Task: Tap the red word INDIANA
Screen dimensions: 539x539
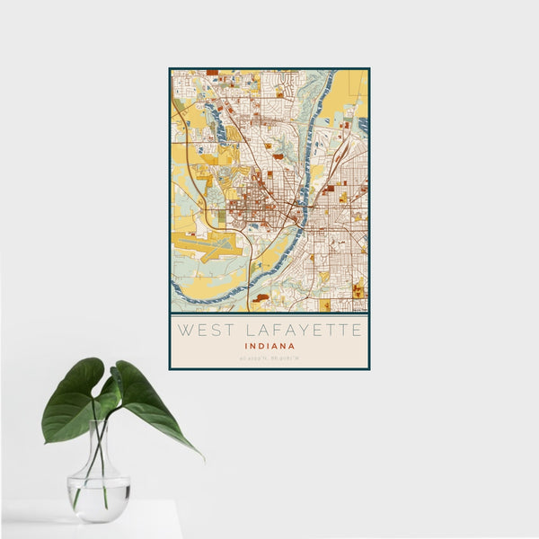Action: coord(269,345)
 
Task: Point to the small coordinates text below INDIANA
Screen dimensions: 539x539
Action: coord(269,359)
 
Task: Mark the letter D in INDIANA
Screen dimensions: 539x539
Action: coord(261,345)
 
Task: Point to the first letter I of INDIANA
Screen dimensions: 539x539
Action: coord(245,345)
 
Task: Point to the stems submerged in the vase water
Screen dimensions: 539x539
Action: coord(97,490)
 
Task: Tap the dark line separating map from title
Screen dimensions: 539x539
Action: coord(269,313)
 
